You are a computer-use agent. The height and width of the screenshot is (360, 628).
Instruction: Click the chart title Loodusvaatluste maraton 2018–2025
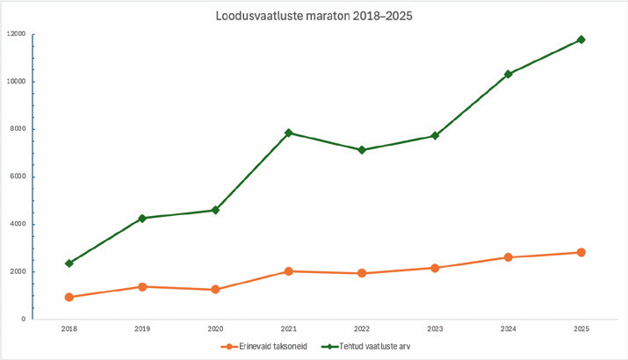point(314,15)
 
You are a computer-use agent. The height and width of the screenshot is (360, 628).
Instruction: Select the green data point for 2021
point(288,133)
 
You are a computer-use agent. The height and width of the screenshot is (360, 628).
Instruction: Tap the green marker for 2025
point(581,40)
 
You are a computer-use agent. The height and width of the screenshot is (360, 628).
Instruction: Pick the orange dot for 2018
point(69,297)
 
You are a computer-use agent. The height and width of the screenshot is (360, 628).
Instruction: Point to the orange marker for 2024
point(508,257)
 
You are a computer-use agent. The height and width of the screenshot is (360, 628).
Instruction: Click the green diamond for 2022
point(361,150)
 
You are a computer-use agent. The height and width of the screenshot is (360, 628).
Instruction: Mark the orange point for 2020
point(215,289)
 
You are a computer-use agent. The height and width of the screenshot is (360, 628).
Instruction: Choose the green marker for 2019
point(142,218)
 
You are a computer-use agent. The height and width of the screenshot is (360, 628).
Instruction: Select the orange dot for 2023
point(435,267)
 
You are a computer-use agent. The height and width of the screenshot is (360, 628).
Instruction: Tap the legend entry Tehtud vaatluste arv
point(368,346)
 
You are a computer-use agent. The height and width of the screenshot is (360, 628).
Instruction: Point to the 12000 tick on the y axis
point(17,34)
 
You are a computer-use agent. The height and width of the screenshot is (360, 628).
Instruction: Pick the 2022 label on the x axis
point(361,329)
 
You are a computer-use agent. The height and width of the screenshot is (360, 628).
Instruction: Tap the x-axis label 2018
point(69,329)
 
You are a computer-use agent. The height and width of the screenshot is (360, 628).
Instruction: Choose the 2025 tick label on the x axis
point(581,329)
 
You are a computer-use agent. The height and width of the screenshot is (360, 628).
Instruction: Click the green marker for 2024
point(508,74)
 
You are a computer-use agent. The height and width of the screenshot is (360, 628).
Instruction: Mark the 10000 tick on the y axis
point(17,82)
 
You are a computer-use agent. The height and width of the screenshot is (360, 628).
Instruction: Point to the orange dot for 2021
point(288,271)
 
